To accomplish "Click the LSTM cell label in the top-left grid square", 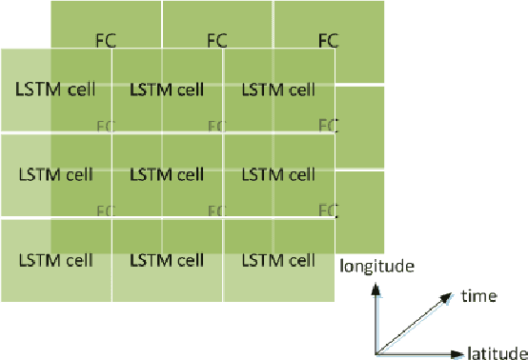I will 55,90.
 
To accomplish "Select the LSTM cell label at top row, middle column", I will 167,90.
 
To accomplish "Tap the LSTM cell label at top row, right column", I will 278,90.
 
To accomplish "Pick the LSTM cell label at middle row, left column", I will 55,174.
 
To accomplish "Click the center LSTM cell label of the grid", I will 167,174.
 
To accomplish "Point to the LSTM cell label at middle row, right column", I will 278,174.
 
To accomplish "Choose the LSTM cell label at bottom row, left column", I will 55,259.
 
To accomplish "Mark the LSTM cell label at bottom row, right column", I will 278,259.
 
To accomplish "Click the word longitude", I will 376,267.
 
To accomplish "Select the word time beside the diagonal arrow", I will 478,296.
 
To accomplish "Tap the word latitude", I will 497,353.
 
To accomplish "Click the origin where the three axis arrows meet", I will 378,352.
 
